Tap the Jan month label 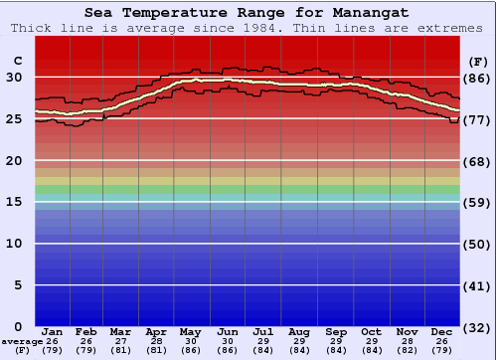click(53, 331)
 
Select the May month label click(189, 331)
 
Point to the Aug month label click(299, 331)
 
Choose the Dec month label click(442, 331)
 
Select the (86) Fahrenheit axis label click(478, 78)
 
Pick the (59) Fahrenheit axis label click(478, 202)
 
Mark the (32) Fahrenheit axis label click(478, 326)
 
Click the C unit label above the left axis click(17, 61)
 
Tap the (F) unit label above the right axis click(478, 61)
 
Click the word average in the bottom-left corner click(22, 341)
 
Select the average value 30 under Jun click(228, 341)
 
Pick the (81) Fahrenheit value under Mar click(120, 350)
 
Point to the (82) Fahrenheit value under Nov click(406, 350)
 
